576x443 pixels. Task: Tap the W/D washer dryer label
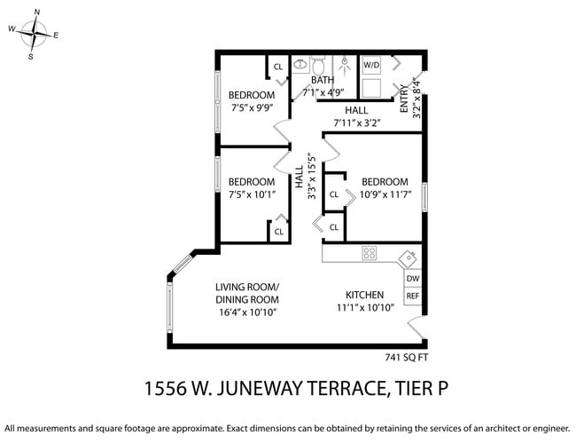tap(371, 65)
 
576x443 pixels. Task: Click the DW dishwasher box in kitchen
tap(412, 278)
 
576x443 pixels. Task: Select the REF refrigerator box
tap(412, 296)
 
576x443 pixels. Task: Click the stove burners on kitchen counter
tap(370, 253)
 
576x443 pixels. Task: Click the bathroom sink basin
tap(300, 64)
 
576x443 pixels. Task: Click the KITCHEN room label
tap(364, 295)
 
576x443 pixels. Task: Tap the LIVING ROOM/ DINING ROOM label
tap(246, 293)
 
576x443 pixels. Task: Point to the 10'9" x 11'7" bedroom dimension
tap(384, 194)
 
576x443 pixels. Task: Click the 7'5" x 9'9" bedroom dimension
tap(251, 108)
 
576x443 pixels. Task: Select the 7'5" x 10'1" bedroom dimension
tap(251, 194)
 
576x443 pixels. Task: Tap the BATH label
tap(322, 80)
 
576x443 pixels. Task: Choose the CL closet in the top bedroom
tap(277, 67)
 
